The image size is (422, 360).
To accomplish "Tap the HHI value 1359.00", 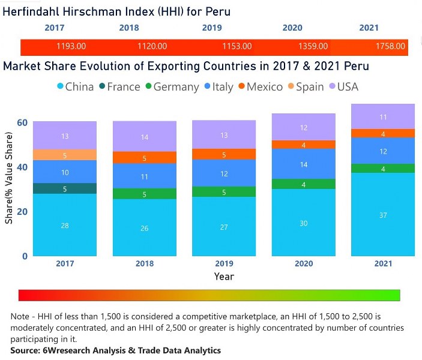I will tap(313, 46).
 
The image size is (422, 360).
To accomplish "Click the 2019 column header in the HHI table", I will tap(211, 28).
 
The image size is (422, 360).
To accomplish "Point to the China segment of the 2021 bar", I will tap(384, 214).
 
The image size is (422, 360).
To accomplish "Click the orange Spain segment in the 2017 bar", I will tap(65, 155).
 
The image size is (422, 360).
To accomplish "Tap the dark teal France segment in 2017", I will tap(65, 188).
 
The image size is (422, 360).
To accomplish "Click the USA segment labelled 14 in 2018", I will tap(145, 137).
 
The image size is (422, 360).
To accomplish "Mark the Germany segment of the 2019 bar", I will tap(225, 192).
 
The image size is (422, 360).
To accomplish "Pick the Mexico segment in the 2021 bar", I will tap(384, 133).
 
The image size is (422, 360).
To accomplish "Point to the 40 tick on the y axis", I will tap(22, 167).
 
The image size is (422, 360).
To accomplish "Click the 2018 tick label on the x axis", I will tap(145, 263).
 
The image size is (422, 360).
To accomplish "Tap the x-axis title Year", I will tap(224, 277).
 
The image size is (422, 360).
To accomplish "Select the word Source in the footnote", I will tap(27, 350).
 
